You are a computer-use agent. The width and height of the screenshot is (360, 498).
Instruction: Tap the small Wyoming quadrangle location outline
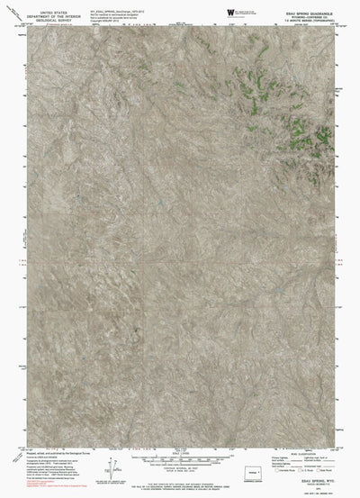[x=261, y=467]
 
